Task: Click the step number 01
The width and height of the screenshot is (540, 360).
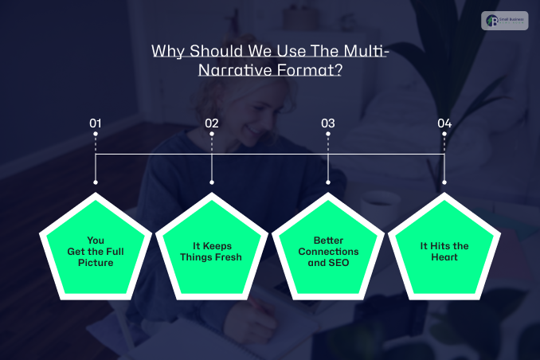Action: pyautogui.click(x=96, y=123)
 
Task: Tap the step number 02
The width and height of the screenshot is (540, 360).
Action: pyautogui.click(x=212, y=123)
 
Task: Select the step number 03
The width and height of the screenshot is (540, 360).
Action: pyautogui.click(x=328, y=123)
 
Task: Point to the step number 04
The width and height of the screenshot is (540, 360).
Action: pyautogui.click(x=444, y=123)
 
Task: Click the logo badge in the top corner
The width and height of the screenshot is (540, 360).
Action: pyautogui.click(x=504, y=21)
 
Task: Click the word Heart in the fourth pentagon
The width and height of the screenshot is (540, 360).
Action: pyautogui.click(x=444, y=257)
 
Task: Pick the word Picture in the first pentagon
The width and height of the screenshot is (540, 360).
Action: pyautogui.click(x=96, y=262)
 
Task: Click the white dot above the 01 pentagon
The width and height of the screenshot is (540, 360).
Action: pyautogui.click(x=96, y=182)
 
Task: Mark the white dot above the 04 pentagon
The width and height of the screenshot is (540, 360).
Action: pyautogui.click(x=444, y=182)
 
